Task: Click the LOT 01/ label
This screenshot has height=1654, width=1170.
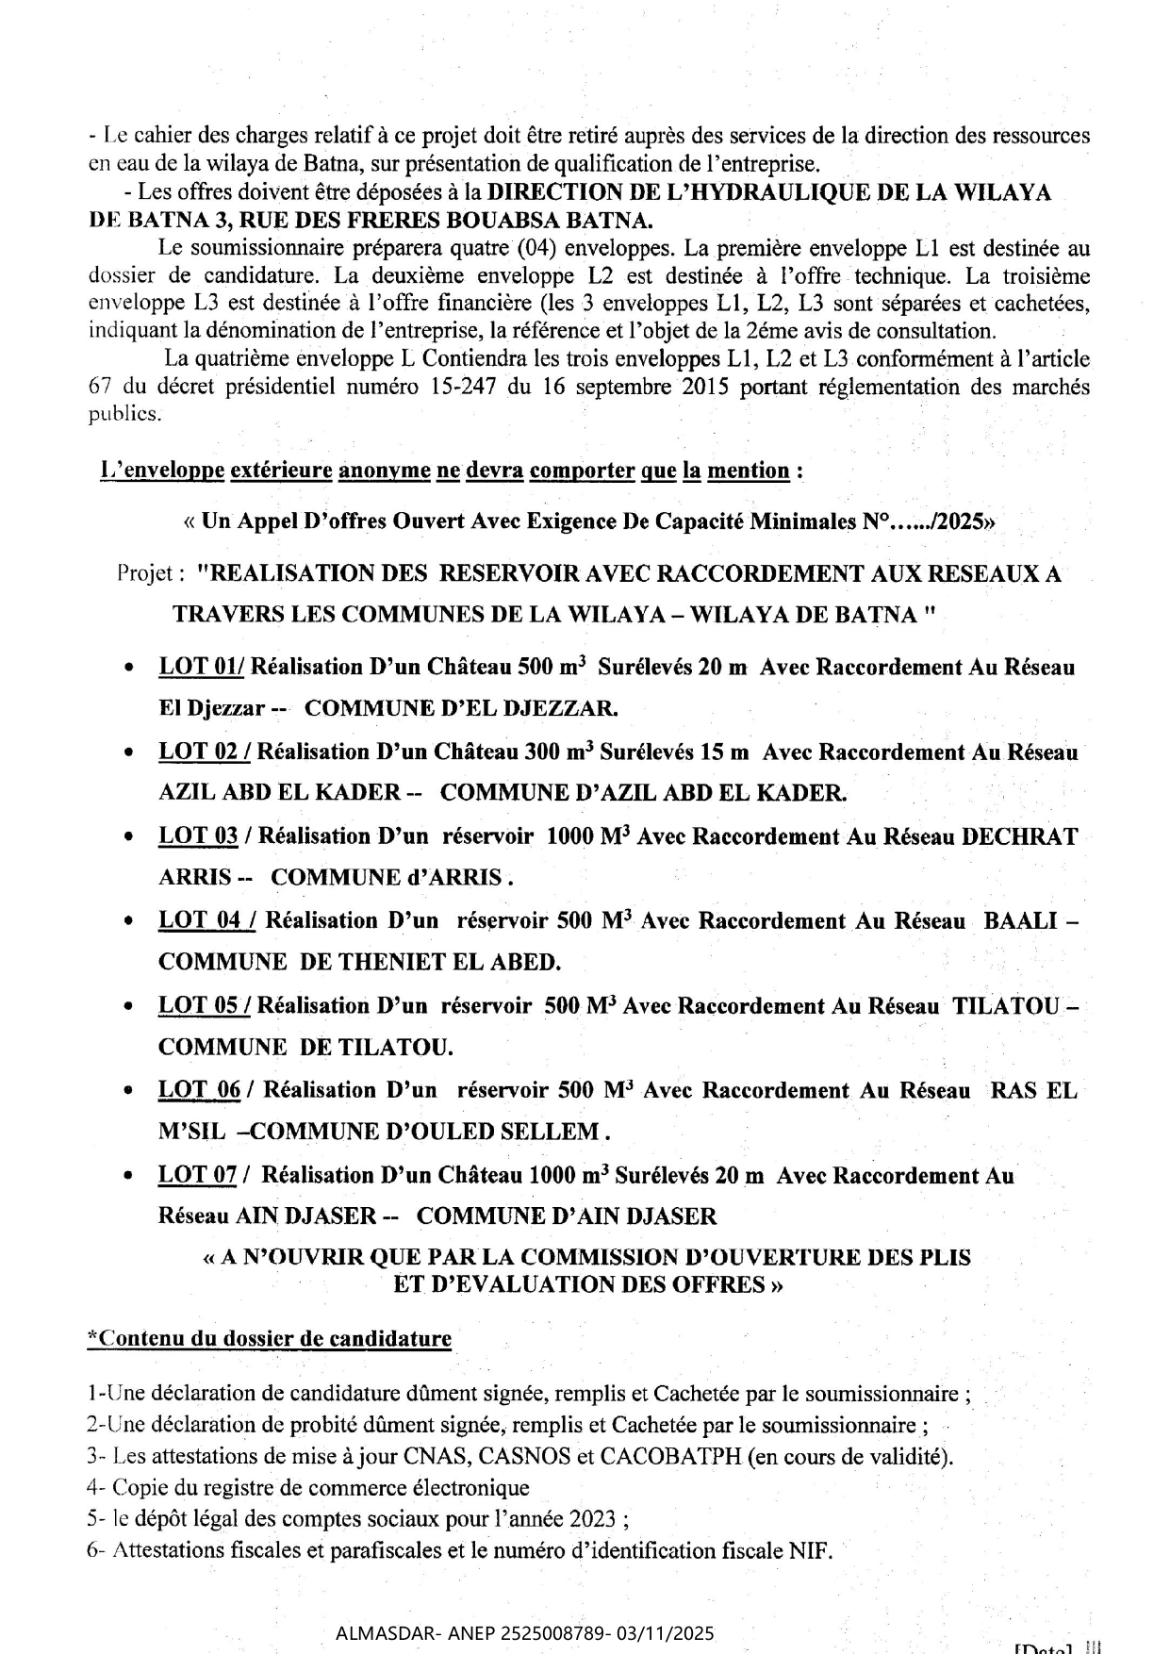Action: click(201, 668)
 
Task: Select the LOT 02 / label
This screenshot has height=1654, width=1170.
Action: click(204, 753)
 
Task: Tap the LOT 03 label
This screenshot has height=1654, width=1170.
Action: click(198, 836)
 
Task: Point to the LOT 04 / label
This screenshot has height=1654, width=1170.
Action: click(206, 921)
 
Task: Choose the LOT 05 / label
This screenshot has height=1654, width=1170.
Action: click(204, 1006)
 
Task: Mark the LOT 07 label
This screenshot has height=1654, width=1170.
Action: click(197, 1175)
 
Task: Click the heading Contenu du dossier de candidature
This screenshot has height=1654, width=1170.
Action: click(269, 1339)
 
